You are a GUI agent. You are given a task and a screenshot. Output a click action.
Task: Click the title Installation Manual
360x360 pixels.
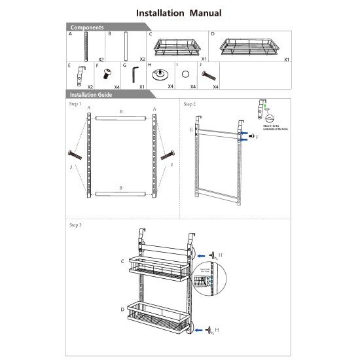click(x=179, y=12)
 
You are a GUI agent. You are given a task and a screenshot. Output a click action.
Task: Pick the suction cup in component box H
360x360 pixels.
click(x=159, y=74)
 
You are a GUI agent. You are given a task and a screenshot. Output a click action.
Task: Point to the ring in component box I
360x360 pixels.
click(x=185, y=74)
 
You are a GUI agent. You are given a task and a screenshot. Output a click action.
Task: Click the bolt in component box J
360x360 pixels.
click(x=208, y=76)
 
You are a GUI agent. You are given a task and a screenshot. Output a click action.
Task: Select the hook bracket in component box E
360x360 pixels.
click(x=81, y=74)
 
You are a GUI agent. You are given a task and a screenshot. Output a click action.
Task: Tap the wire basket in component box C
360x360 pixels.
click(x=175, y=48)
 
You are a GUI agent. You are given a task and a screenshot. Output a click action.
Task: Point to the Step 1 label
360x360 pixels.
click(x=75, y=103)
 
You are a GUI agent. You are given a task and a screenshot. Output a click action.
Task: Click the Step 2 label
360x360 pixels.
click(x=189, y=103)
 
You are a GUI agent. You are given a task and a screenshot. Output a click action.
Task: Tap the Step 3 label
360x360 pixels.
click(x=75, y=225)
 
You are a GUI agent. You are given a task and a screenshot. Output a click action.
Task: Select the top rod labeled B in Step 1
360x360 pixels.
click(x=121, y=118)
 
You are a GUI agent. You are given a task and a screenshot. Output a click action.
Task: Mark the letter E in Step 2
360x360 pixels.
click(x=190, y=130)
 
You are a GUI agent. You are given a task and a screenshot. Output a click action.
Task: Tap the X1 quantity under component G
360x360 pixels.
click(x=142, y=86)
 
